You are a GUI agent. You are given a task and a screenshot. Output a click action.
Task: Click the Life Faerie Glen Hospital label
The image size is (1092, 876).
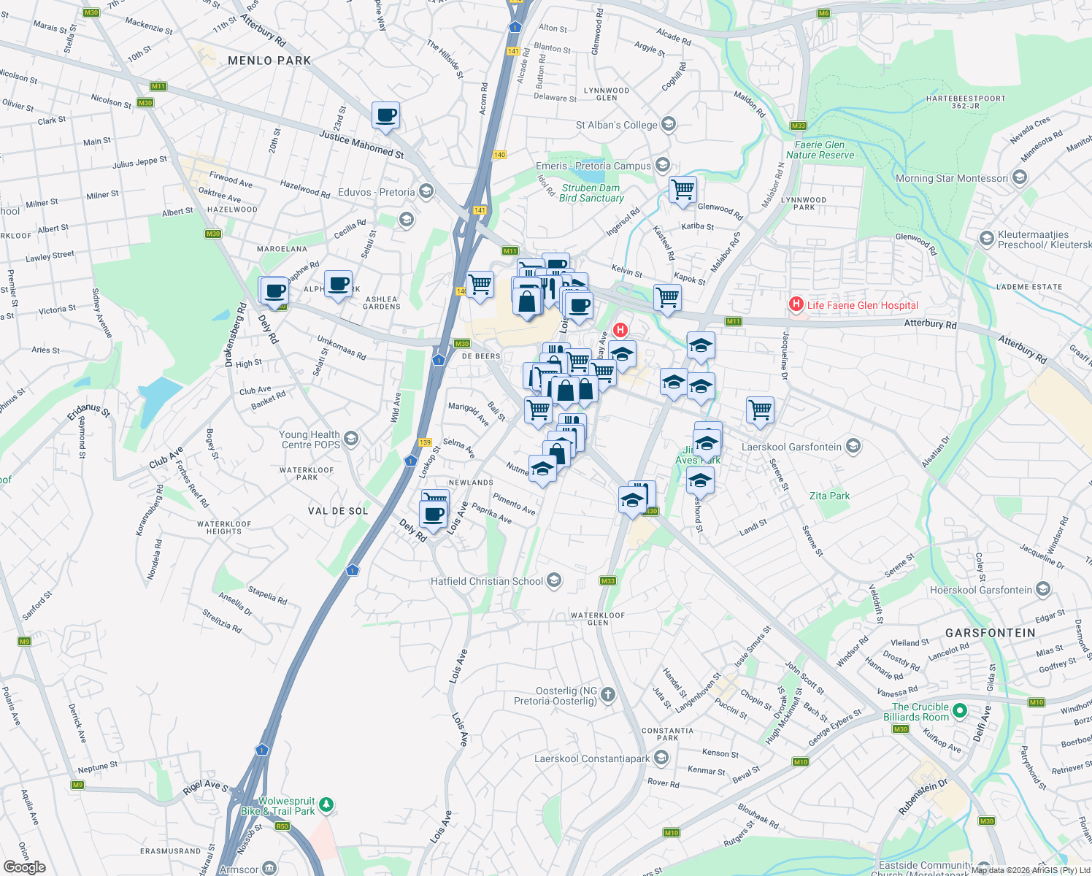pyautogui.click(x=862, y=305)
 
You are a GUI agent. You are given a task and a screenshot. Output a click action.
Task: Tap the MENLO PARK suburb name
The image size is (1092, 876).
pyautogui.click(x=269, y=61)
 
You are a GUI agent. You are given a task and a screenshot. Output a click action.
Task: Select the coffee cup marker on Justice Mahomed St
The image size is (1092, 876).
pyautogui.click(x=385, y=115)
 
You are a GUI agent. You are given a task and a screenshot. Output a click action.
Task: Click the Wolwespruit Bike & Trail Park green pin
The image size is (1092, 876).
pyautogui.click(x=326, y=804)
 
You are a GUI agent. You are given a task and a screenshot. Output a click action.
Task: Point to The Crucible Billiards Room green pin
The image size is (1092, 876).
pyautogui.click(x=960, y=710)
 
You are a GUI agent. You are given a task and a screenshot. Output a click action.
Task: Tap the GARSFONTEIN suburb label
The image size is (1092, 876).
pyautogui.click(x=990, y=633)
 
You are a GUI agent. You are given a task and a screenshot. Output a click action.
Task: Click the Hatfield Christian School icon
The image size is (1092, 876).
pyautogui.click(x=554, y=580)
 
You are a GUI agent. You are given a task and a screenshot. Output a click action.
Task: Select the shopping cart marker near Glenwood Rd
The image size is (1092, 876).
pyautogui.click(x=682, y=190)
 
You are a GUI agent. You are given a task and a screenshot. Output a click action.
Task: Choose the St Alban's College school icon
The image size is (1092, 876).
pyautogui.click(x=668, y=124)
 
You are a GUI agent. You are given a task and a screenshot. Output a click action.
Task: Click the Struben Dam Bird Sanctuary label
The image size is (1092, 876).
pyautogui.click(x=591, y=193)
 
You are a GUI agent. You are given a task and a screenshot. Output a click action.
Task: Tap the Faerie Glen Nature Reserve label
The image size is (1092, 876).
pyautogui.click(x=820, y=150)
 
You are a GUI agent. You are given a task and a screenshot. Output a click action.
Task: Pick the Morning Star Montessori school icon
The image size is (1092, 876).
pyautogui.click(x=1020, y=177)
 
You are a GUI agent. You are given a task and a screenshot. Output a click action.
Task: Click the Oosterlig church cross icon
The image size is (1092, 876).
pyautogui.click(x=608, y=694)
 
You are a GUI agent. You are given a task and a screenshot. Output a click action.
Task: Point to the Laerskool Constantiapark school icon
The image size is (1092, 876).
pyautogui.click(x=661, y=758)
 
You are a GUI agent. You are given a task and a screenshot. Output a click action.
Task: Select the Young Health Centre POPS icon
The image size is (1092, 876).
pyautogui.click(x=351, y=438)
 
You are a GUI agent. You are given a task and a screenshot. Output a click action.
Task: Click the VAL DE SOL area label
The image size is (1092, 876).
pyautogui.click(x=338, y=511)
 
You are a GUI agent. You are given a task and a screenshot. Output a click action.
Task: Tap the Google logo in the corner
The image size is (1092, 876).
pyautogui.click(x=24, y=867)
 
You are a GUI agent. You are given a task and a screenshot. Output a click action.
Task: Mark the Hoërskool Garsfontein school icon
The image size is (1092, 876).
pyautogui.click(x=1043, y=589)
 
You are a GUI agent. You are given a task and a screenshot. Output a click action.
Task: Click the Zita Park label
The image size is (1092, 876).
pyautogui.click(x=829, y=496)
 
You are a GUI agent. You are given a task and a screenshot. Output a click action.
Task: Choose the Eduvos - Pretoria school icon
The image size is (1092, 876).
pyautogui.click(x=426, y=191)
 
